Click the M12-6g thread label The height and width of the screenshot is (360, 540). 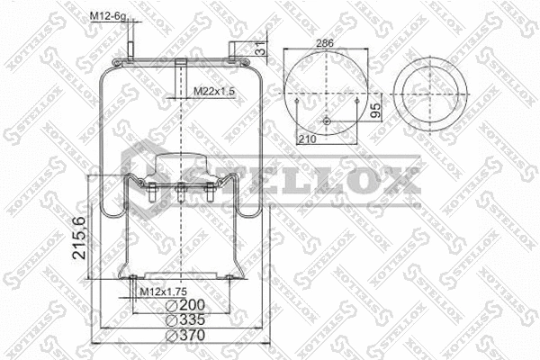tap(107, 16)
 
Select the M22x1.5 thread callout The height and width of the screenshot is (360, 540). tap(212, 91)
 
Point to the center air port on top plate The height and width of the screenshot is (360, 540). tap(181, 68)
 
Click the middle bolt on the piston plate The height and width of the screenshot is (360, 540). tap(181, 193)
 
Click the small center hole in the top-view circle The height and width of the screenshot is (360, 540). tap(327, 122)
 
